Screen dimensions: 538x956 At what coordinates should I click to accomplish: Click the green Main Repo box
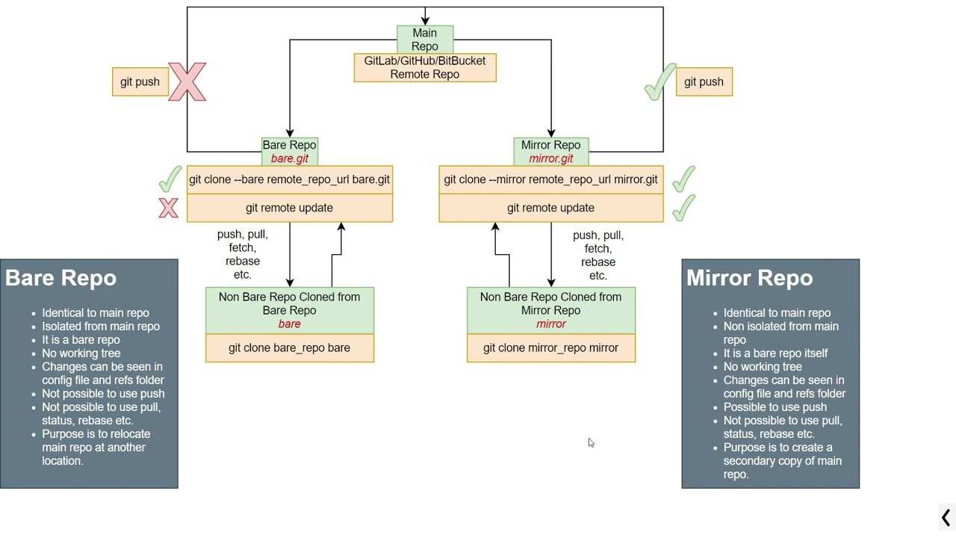(424, 40)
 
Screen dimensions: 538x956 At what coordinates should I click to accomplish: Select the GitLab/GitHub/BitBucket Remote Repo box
(424, 68)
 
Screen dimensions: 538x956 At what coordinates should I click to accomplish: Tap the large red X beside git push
(187, 81)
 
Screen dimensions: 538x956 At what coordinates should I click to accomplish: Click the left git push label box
(140, 82)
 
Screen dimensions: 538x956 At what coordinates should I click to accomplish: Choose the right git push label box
(704, 82)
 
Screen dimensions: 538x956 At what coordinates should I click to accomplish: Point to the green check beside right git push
(659, 83)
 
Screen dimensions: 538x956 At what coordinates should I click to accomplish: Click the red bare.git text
(289, 158)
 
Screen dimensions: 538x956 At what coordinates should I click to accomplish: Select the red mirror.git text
(550, 158)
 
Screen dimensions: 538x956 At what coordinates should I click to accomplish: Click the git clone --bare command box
(289, 180)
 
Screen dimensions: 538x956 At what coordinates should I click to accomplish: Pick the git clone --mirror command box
(550, 180)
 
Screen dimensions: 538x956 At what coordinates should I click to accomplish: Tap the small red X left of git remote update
(169, 208)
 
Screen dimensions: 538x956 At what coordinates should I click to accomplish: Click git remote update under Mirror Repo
(550, 208)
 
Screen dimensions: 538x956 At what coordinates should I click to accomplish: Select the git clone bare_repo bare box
(289, 348)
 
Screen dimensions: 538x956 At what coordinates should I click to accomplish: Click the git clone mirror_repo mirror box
(550, 348)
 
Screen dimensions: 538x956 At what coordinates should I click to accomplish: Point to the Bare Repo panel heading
(61, 278)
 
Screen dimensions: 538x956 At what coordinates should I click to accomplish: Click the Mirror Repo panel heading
(749, 278)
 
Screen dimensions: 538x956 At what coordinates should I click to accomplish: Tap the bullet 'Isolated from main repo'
(101, 327)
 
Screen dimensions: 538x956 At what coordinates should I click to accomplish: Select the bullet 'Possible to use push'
(775, 407)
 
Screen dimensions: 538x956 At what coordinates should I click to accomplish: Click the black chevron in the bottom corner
(946, 517)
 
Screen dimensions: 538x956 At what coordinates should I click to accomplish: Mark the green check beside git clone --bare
(170, 179)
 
